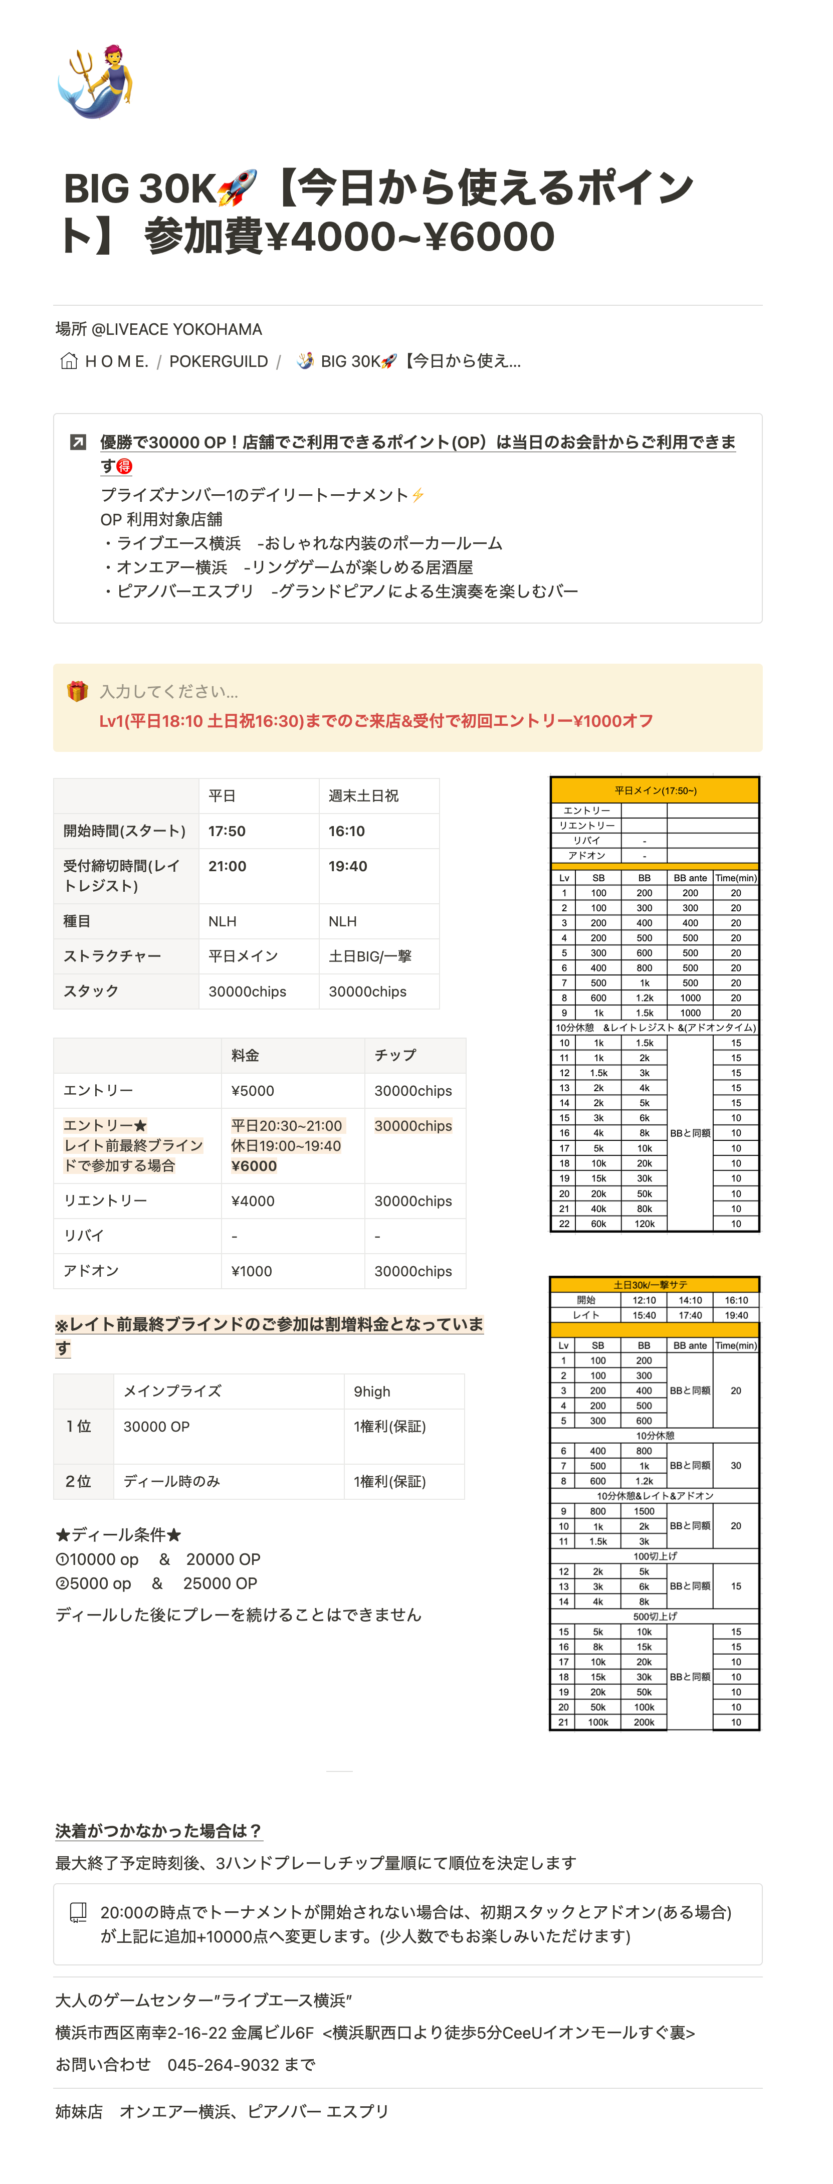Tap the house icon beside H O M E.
[x=69, y=361]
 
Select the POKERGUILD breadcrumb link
[x=218, y=361]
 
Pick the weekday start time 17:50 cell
[x=227, y=831]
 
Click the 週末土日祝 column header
[x=363, y=796]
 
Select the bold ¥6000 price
[x=254, y=1166]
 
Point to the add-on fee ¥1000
[x=252, y=1271]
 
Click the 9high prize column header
[x=372, y=1392]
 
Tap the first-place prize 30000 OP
[x=157, y=1427]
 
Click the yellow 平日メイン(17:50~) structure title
[x=655, y=790]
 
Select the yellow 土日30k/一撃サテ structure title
[x=655, y=1284]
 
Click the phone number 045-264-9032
[x=223, y=2065]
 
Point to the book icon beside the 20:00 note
[x=77, y=1912]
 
